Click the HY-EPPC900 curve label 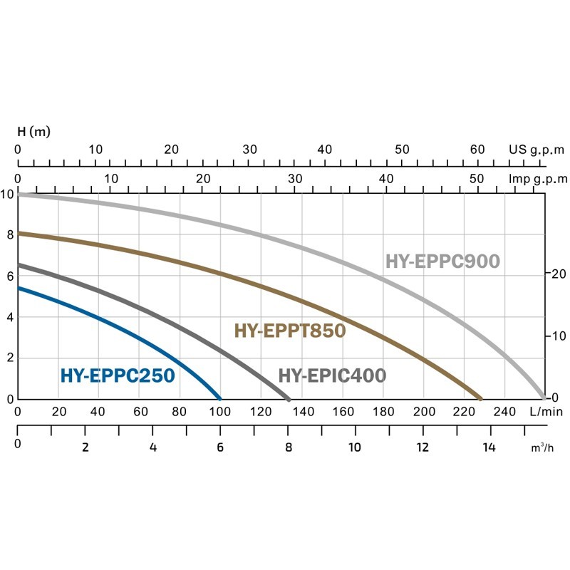(x=442, y=261)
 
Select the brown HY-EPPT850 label (x=289, y=331)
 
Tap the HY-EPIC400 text (x=332, y=375)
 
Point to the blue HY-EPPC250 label (x=118, y=375)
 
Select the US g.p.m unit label (x=536, y=150)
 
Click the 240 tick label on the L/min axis (x=504, y=411)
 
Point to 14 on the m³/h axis (x=489, y=447)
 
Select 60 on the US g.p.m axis (x=477, y=150)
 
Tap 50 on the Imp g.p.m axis (x=477, y=178)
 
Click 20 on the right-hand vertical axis (x=558, y=274)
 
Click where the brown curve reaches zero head (x=481, y=398)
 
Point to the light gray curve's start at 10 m (x=19, y=194)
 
